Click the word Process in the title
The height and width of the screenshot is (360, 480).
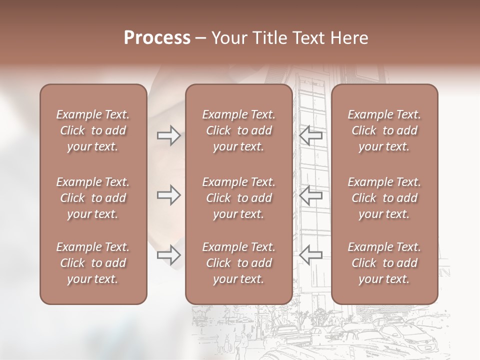[157, 38]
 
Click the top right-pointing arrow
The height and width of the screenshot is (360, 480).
[169, 135]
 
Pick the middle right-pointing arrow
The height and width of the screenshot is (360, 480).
[169, 195]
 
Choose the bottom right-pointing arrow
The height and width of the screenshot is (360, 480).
[169, 255]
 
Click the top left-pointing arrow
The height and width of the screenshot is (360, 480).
[310, 135]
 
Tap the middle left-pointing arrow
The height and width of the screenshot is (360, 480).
[310, 195]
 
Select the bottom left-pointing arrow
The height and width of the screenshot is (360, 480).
[310, 255]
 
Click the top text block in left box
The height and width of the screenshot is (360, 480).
[93, 130]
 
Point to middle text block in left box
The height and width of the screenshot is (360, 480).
[93, 198]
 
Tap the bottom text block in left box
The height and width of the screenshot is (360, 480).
[93, 263]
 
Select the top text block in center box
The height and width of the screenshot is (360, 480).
[238, 130]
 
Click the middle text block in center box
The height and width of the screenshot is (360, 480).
[238, 198]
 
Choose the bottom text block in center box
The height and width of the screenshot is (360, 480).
[238, 263]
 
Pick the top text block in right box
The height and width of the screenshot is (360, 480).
[384, 130]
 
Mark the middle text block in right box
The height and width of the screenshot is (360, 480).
[384, 198]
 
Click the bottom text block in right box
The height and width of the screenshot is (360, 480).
[384, 263]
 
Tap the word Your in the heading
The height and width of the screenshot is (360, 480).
[228, 38]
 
